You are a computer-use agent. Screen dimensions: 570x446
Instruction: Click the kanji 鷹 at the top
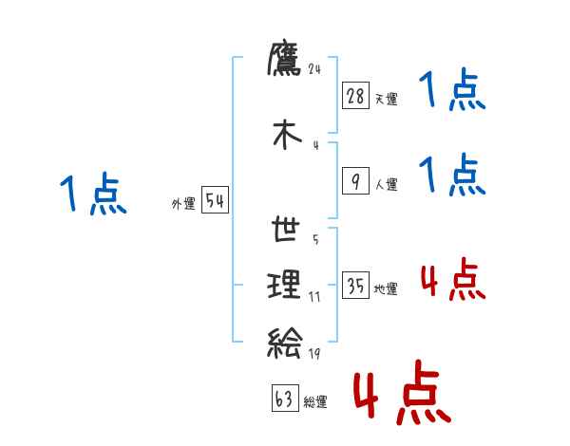click(285, 60)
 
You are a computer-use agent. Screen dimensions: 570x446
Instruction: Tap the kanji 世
click(285, 231)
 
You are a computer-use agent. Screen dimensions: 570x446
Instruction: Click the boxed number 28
click(355, 96)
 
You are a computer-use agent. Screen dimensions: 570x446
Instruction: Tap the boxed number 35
click(355, 287)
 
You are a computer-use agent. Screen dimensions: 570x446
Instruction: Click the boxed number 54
click(215, 201)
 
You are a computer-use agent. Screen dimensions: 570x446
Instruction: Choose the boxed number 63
click(284, 400)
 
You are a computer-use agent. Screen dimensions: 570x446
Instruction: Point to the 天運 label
click(386, 99)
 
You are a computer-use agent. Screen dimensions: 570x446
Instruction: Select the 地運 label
click(386, 289)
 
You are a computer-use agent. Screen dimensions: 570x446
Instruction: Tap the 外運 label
click(183, 204)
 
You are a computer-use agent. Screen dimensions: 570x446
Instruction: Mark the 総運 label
click(315, 402)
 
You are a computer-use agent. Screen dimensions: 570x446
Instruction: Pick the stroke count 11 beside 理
click(314, 297)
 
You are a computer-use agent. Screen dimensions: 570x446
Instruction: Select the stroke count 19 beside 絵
click(314, 354)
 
